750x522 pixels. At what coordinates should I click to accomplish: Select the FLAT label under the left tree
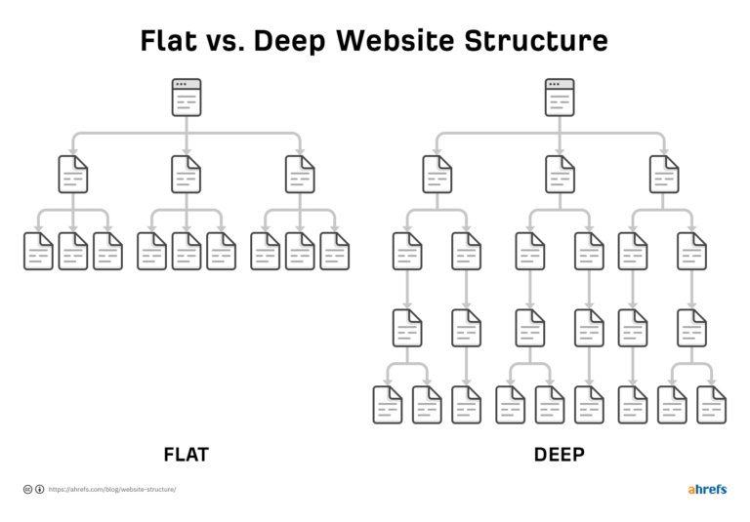[x=186, y=455]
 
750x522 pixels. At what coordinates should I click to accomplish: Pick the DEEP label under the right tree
[x=560, y=455]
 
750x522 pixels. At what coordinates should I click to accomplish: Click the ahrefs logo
[x=707, y=489]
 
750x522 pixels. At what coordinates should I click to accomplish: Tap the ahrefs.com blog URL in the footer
[x=112, y=489]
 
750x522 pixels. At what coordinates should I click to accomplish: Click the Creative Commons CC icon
[x=27, y=489]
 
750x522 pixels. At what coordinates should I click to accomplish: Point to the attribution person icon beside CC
[x=39, y=489]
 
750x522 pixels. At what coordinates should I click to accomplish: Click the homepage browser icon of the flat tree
[x=186, y=98]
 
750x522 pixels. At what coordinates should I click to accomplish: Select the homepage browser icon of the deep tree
[x=560, y=98]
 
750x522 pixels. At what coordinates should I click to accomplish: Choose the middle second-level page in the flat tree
[x=186, y=174]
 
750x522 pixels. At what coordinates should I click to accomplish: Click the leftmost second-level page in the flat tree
[x=73, y=174]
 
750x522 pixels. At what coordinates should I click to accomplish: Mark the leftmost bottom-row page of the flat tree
[x=38, y=251]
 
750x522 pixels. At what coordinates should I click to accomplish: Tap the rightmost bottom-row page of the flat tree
[x=334, y=251]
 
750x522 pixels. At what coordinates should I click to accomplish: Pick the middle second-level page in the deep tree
[x=560, y=174]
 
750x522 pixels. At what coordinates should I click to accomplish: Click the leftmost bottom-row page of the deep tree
[x=388, y=404]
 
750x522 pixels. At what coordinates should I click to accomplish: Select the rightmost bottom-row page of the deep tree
[x=711, y=404]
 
